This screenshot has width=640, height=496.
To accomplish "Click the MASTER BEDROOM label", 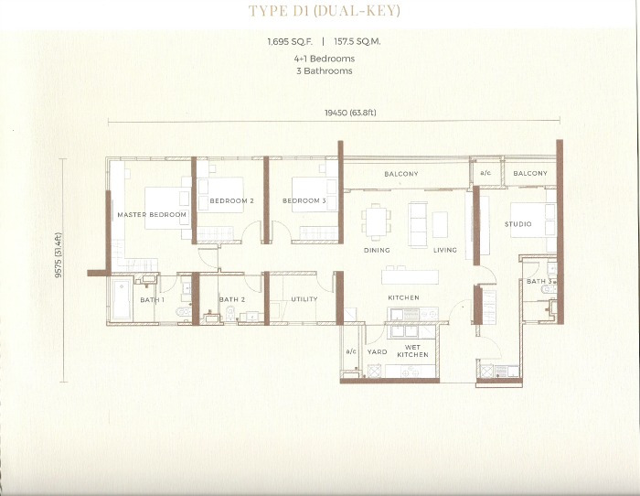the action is [x=152, y=214].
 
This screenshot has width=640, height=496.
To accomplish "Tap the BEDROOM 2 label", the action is [x=232, y=200].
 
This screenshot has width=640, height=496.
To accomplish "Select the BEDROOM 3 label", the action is [x=304, y=200].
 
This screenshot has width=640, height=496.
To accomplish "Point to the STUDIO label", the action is [x=518, y=224].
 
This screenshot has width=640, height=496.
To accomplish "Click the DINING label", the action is [x=377, y=250].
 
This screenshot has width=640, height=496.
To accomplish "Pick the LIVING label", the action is [x=445, y=250].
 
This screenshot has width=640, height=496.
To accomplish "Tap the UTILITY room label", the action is [x=304, y=299].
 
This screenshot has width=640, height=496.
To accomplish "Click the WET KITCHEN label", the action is [x=412, y=351].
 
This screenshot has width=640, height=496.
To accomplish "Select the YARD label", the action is [x=377, y=351].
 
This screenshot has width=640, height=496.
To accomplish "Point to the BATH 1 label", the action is [x=153, y=300].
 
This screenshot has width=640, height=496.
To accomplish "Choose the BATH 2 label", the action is [x=232, y=299].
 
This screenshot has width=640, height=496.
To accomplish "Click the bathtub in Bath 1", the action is [x=122, y=300].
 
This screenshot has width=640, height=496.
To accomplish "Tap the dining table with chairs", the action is [x=376, y=223].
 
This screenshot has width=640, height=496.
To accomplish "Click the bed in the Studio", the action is [x=533, y=221].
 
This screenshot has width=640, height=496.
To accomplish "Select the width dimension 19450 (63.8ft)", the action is [x=350, y=113].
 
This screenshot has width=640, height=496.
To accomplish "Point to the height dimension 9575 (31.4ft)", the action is [x=59, y=255].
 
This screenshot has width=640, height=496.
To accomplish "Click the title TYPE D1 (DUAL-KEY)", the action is [x=324, y=11].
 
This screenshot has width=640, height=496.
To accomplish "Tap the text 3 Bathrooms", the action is [x=324, y=70].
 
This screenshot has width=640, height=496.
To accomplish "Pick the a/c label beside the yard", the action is [x=351, y=351].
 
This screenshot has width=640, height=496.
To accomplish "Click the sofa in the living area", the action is [x=418, y=224].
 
